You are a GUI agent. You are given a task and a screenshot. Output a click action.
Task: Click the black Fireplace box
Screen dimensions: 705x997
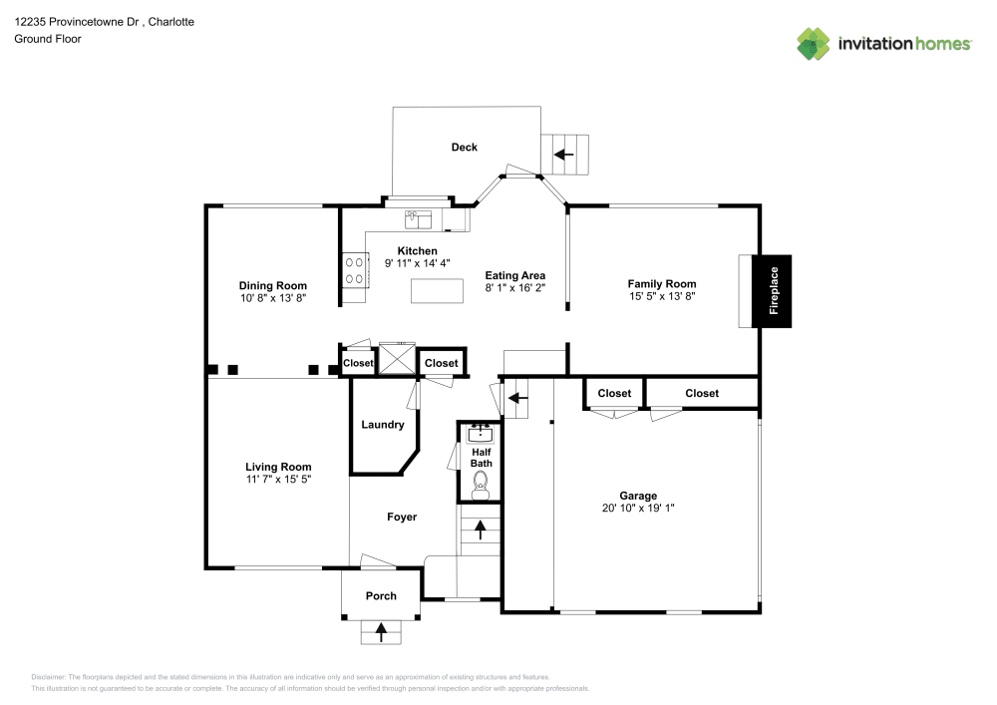pyautogui.click(x=773, y=291)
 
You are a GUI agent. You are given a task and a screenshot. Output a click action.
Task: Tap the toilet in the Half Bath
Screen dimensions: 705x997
pyautogui.click(x=481, y=484)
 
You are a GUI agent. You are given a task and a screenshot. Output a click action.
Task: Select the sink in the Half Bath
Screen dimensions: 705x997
pyautogui.click(x=481, y=433)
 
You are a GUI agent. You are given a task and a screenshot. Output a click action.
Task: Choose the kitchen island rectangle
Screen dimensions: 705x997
pyautogui.click(x=438, y=291)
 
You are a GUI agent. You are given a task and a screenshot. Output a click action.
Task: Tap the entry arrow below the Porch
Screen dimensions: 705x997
pyautogui.click(x=381, y=629)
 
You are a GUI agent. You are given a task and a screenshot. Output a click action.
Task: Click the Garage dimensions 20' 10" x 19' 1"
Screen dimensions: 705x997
pyautogui.click(x=638, y=508)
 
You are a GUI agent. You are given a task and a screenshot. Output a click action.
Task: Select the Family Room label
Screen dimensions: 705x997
pyautogui.click(x=662, y=284)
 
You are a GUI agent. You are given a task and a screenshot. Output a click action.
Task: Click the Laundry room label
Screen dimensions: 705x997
pyautogui.click(x=383, y=425)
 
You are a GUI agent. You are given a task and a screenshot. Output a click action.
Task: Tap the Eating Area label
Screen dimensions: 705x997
pyautogui.click(x=515, y=276)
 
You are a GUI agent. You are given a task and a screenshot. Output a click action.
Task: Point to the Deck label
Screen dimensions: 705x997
pyautogui.click(x=465, y=148)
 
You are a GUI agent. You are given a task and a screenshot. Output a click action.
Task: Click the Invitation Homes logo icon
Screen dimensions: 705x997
pyautogui.click(x=814, y=44)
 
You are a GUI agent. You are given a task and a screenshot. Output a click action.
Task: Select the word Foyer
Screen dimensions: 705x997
pyautogui.click(x=402, y=517)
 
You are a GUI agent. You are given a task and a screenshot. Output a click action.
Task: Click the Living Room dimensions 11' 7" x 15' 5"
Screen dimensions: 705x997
pyautogui.click(x=279, y=479)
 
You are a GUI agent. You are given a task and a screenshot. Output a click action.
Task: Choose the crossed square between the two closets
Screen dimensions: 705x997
pyautogui.click(x=397, y=357)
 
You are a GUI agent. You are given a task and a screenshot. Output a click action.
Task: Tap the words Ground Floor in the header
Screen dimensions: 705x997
pyautogui.click(x=48, y=39)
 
